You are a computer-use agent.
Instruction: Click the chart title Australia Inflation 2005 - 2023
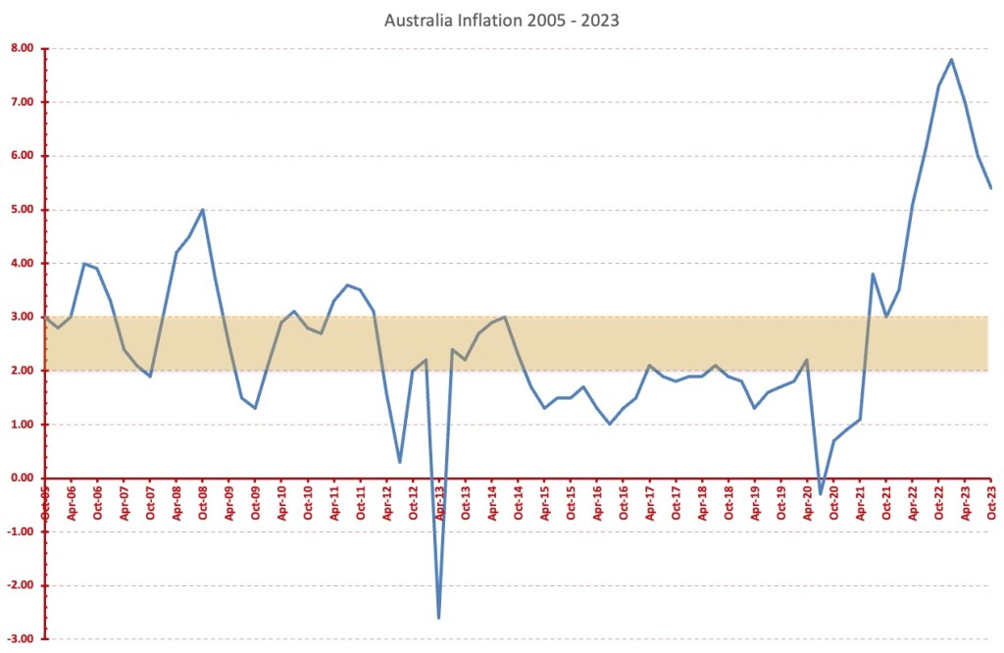click(501, 20)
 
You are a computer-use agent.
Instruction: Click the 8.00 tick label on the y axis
click(23, 48)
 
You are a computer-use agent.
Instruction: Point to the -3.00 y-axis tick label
click(21, 639)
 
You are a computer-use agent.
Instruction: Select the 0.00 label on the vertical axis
click(23, 478)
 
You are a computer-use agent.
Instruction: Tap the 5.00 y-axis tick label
click(23, 210)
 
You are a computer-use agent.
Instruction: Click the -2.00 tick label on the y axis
click(21, 585)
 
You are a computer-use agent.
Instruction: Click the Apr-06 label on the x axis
click(73, 501)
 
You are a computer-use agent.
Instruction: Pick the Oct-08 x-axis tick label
click(204, 501)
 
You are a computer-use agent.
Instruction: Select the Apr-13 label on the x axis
click(440, 501)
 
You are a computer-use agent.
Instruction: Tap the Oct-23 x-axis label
click(991, 501)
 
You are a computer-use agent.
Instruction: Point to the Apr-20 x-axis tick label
click(808, 501)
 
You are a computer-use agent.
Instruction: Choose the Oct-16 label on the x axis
click(624, 501)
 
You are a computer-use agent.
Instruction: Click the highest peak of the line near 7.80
click(952, 59)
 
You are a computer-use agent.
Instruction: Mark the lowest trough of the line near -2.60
click(438, 618)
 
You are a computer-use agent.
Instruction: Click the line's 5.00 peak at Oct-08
click(203, 210)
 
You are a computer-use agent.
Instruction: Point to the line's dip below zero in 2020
click(821, 494)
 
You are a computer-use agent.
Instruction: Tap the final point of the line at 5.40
click(991, 188)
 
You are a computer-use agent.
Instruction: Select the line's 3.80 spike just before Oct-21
click(873, 275)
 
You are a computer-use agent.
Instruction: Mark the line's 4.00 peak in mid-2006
click(84, 264)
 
